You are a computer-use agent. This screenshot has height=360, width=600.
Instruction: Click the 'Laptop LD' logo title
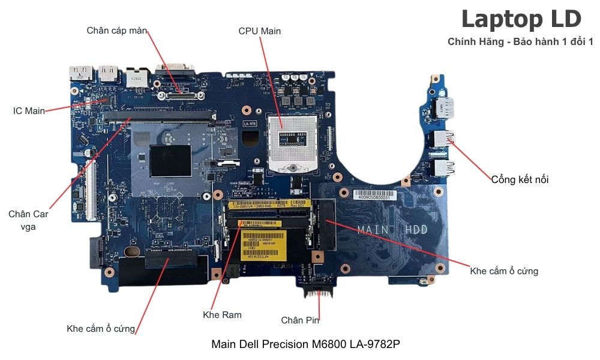(x=521, y=19)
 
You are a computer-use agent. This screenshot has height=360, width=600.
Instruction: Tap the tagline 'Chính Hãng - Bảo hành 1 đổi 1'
(x=520, y=41)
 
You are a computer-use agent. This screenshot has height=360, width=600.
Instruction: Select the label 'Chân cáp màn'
(x=117, y=31)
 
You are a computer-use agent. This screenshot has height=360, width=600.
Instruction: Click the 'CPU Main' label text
(x=259, y=31)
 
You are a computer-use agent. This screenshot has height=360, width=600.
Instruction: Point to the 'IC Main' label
(x=29, y=111)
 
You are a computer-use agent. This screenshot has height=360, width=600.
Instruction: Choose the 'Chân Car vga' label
(x=28, y=220)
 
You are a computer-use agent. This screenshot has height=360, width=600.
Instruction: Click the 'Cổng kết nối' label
(x=520, y=179)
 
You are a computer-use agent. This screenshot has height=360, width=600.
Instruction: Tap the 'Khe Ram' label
(x=222, y=315)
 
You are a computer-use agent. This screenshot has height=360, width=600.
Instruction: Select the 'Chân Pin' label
(x=300, y=320)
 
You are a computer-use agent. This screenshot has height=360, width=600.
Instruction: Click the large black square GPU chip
(x=170, y=160)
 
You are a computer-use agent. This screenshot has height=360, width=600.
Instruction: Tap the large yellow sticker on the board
(x=264, y=243)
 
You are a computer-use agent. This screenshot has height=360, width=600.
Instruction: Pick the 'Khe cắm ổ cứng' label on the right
(x=504, y=271)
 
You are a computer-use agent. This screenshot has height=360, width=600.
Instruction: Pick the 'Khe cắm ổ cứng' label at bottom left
(x=101, y=329)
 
